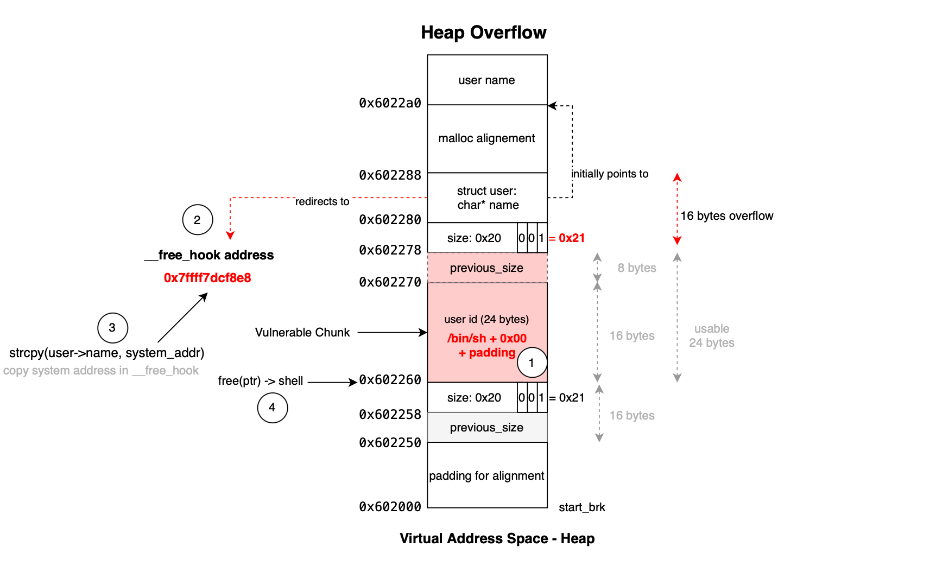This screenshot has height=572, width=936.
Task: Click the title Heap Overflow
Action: click(x=483, y=33)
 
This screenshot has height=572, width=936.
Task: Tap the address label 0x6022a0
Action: click(x=390, y=103)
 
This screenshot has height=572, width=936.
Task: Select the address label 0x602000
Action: click(x=390, y=507)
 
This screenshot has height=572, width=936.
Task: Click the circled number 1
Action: click(x=532, y=363)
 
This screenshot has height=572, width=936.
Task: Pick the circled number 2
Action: click(x=197, y=220)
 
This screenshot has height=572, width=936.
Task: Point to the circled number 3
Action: click(x=112, y=328)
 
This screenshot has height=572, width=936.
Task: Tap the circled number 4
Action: click(x=272, y=408)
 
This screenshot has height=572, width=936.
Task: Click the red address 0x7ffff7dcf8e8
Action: click(x=207, y=278)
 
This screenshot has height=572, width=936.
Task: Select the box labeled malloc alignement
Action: click(x=486, y=138)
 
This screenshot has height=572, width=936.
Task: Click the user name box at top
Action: click(x=486, y=80)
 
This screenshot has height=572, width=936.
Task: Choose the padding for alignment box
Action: click(x=486, y=475)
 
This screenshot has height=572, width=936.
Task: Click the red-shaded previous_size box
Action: click(x=486, y=268)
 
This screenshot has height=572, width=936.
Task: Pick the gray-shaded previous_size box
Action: click(x=486, y=428)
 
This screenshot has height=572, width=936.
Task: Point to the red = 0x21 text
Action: click(x=568, y=238)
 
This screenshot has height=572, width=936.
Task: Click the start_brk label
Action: click(x=581, y=507)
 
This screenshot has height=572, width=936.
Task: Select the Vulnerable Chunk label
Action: click(x=302, y=333)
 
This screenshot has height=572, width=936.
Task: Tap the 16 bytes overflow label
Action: click(x=726, y=216)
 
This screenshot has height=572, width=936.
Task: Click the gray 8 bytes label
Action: click(x=637, y=268)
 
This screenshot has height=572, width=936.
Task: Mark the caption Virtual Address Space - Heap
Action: click(x=497, y=538)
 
